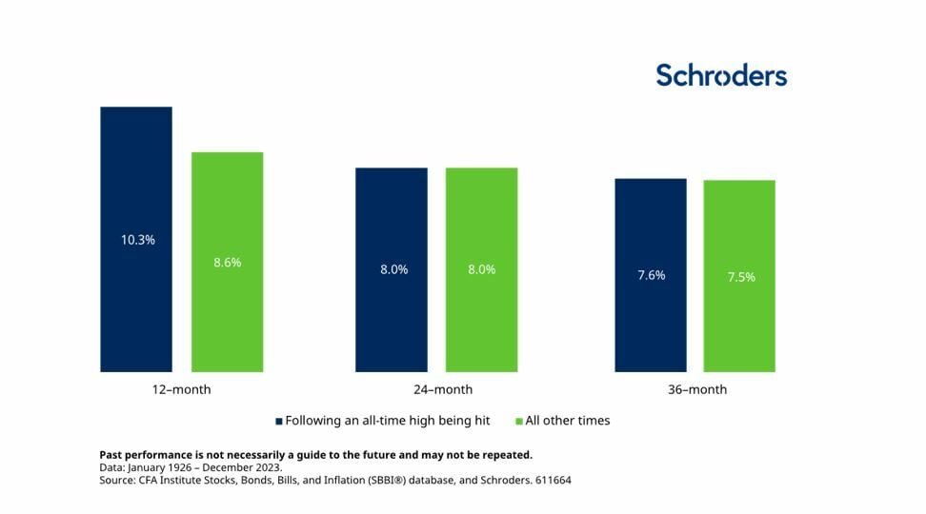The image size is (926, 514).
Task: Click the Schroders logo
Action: (x=721, y=75)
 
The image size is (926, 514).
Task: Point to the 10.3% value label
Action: (x=137, y=240)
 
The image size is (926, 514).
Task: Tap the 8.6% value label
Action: (x=227, y=262)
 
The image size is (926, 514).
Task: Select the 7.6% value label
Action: (x=651, y=275)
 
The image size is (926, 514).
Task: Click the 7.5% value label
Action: (x=740, y=277)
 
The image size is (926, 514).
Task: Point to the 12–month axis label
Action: (x=181, y=389)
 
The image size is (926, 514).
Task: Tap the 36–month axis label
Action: (x=696, y=389)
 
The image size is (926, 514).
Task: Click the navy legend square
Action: (x=279, y=421)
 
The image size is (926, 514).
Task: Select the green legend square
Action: (x=519, y=421)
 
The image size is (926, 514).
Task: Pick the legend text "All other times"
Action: (x=569, y=421)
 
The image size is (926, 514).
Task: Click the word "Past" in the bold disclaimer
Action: (x=112, y=455)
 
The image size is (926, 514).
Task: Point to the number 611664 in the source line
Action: (x=551, y=481)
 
